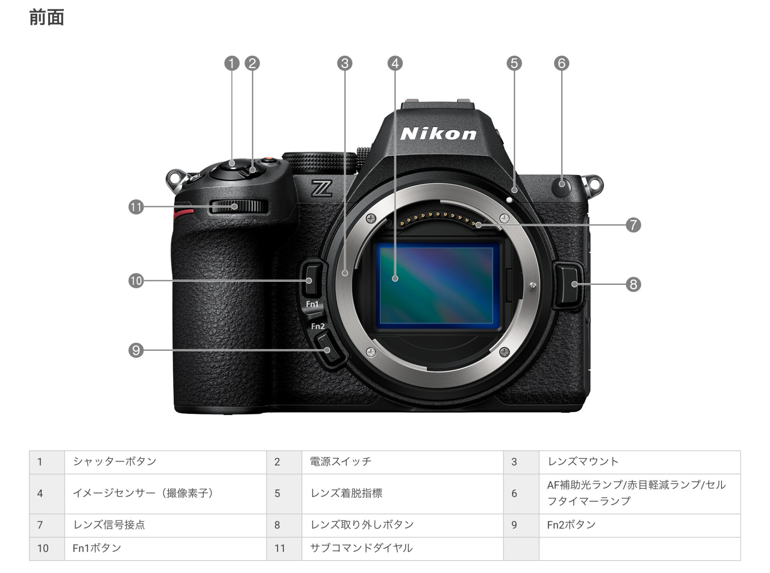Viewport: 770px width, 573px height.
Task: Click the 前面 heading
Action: coord(47,18)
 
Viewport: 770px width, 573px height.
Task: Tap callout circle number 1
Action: coord(232,63)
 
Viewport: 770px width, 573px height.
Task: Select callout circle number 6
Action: coord(561,63)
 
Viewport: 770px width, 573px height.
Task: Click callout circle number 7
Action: coord(633,225)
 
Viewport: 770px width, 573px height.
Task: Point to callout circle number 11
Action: coord(136,207)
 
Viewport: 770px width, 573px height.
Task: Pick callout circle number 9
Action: coord(136,350)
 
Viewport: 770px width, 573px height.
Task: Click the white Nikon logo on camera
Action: coord(438,134)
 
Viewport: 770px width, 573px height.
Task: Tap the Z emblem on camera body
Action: coord(322,189)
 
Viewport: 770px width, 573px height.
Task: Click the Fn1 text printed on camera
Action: coord(312,304)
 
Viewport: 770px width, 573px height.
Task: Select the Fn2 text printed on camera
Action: coord(318,326)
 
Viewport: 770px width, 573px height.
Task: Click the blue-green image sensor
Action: coord(436,285)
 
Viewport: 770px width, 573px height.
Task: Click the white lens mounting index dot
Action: coord(509,199)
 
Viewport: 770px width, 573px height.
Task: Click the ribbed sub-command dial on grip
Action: coord(238,207)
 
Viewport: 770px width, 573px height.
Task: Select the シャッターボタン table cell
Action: coord(165,462)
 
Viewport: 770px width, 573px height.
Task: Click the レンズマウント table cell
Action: coord(639,462)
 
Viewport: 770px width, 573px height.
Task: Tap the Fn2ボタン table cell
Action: coord(639,525)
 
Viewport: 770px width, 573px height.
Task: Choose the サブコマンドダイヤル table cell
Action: coord(402,549)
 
